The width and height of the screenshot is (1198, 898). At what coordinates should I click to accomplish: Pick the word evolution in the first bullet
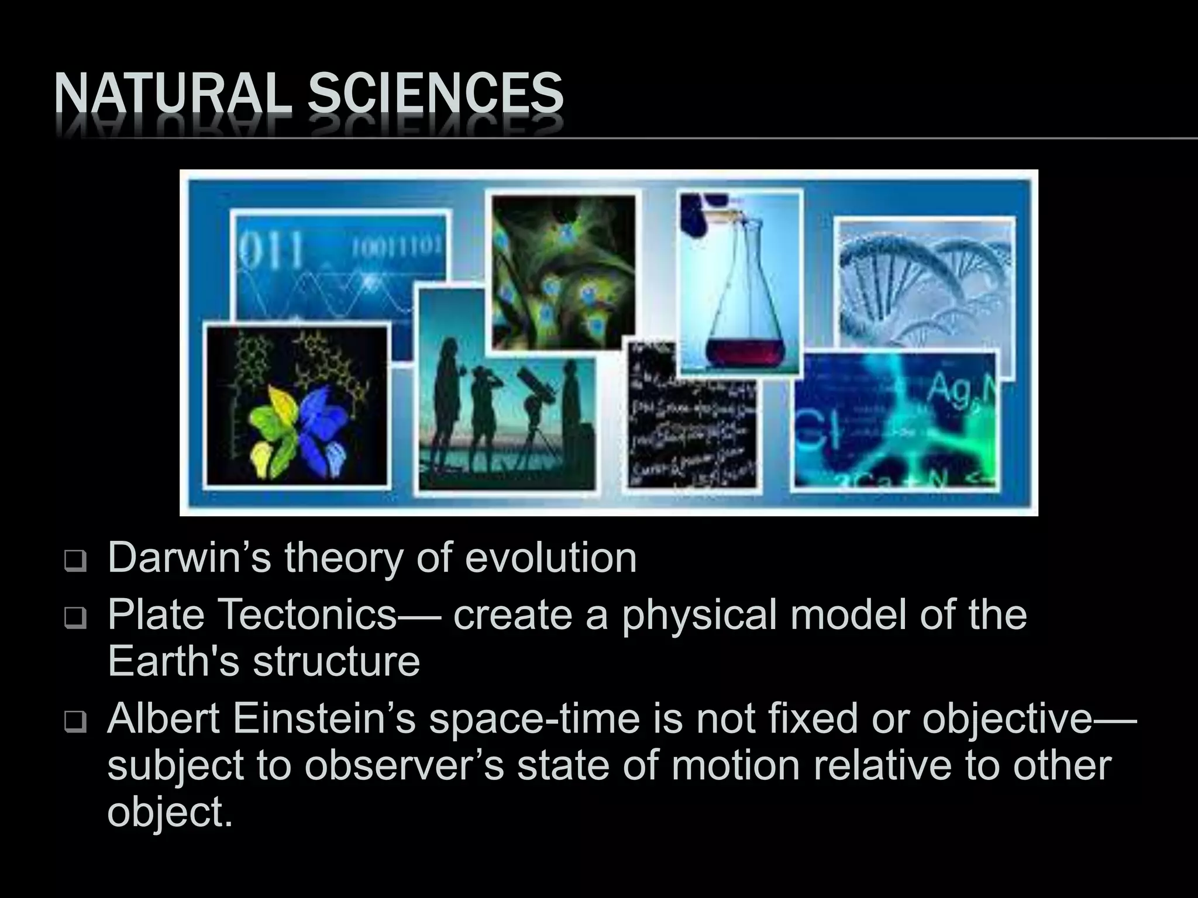click(x=550, y=558)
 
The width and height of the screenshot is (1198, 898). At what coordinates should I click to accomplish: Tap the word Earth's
click(x=173, y=662)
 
